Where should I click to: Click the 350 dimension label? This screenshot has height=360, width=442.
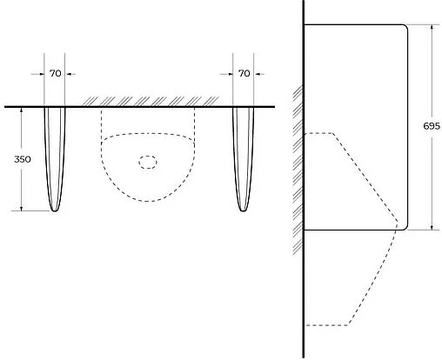coord(23,159)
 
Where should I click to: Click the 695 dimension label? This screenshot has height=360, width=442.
coord(432,126)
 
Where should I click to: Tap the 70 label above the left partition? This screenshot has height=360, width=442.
coord(55,74)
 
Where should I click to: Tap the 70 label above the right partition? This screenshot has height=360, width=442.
coord(244,74)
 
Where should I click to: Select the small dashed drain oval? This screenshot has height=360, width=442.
coord(148,163)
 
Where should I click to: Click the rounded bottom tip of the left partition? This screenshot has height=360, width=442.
coord(55,210)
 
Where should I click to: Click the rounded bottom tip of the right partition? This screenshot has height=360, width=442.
coord(244,210)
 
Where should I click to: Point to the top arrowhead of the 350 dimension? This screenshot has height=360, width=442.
coord(22,110)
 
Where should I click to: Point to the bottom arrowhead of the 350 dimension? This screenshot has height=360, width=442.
coord(22,208)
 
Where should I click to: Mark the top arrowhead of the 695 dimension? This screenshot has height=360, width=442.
coord(432,27)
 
